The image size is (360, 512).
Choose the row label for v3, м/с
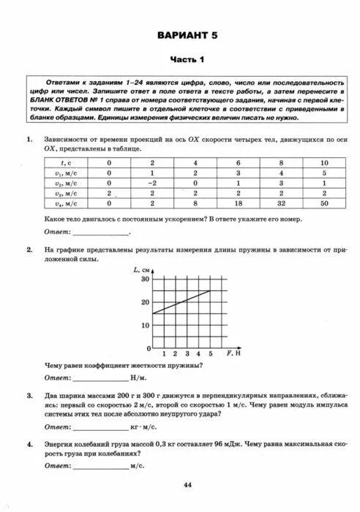pos(64,193)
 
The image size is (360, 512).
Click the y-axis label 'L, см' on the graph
pos(142,270)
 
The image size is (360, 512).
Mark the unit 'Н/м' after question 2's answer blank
pos(138,378)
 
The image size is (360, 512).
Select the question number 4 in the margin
pos(29,443)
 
